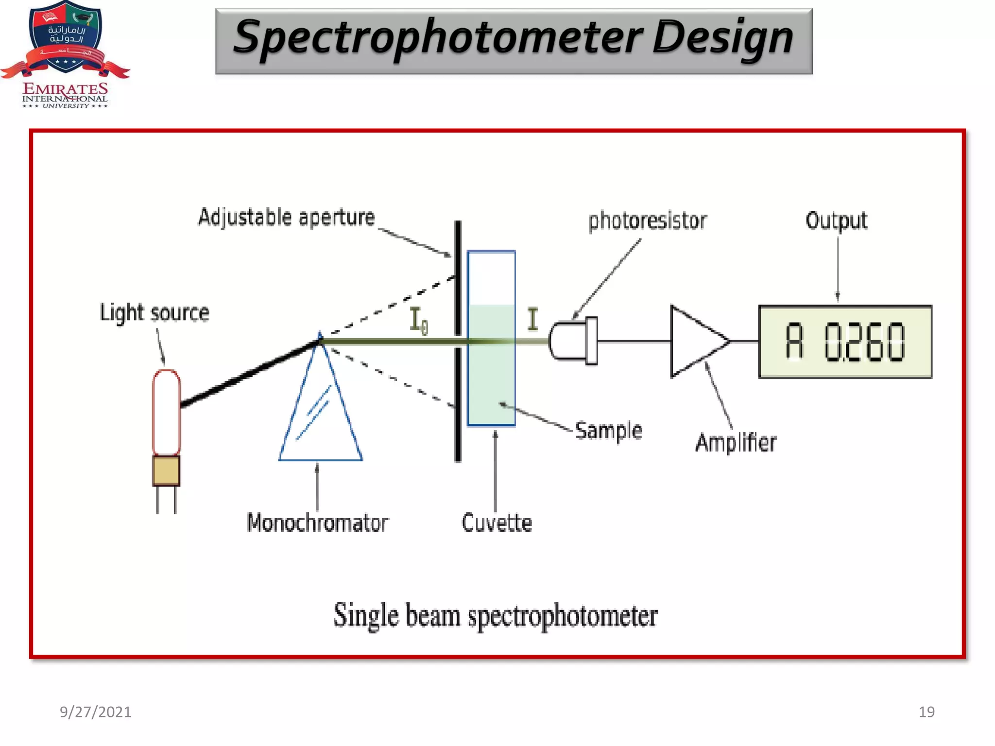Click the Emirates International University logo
tap(65, 53)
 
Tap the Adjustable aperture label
tap(287, 218)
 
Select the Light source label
tap(154, 313)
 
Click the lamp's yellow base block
tap(166, 470)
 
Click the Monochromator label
tap(317, 523)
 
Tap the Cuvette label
tap(497, 523)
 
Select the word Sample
tap(609, 431)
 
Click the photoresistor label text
tap(648, 221)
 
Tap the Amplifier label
tap(736, 443)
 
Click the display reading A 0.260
tap(845, 342)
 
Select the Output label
tap(836, 220)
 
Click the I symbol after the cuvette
tap(533, 319)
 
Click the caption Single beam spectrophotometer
tap(496, 615)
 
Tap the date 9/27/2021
tap(95, 712)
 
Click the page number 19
tap(926, 712)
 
